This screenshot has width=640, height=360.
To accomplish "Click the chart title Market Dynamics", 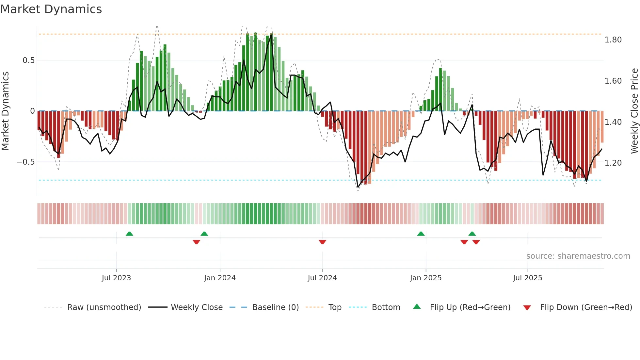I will pyautogui.click(x=51, y=9).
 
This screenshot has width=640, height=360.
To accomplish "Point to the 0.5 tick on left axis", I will pyautogui.click(x=28, y=60).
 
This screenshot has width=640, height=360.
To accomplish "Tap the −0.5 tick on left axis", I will pyautogui.click(x=26, y=162).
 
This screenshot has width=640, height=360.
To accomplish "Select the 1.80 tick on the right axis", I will pyautogui.click(x=613, y=40).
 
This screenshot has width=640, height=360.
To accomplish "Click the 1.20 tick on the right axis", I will pyautogui.click(x=613, y=163).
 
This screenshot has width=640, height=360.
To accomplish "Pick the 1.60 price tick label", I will pyautogui.click(x=613, y=81).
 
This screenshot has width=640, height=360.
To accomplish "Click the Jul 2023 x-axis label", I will pyautogui.click(x=116, y=278).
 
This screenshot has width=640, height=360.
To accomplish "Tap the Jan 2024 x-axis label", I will pyautogui.click(x=220, y=278).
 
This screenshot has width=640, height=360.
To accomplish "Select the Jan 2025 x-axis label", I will pyautogui.click(x=426, y=278).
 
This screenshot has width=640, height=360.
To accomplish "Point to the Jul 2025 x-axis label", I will pyautogui.click(x=527, y=278).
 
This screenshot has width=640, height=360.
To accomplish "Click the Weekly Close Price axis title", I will pyautogui.click(x=634, y=111).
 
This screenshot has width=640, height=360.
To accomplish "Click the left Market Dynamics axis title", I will pyautogui.click(x=5, y=111).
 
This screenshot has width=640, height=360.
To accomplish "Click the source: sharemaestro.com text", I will pyautogui.click(x=578, y=256).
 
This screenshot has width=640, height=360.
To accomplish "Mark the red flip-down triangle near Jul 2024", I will pyautogui.click(x=322, y=242).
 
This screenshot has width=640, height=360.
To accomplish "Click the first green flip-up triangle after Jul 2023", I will pyautogui.click(x=129, y=234).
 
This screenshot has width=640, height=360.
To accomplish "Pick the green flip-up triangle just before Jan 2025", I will pyautogui.click(x=421, y=234).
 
